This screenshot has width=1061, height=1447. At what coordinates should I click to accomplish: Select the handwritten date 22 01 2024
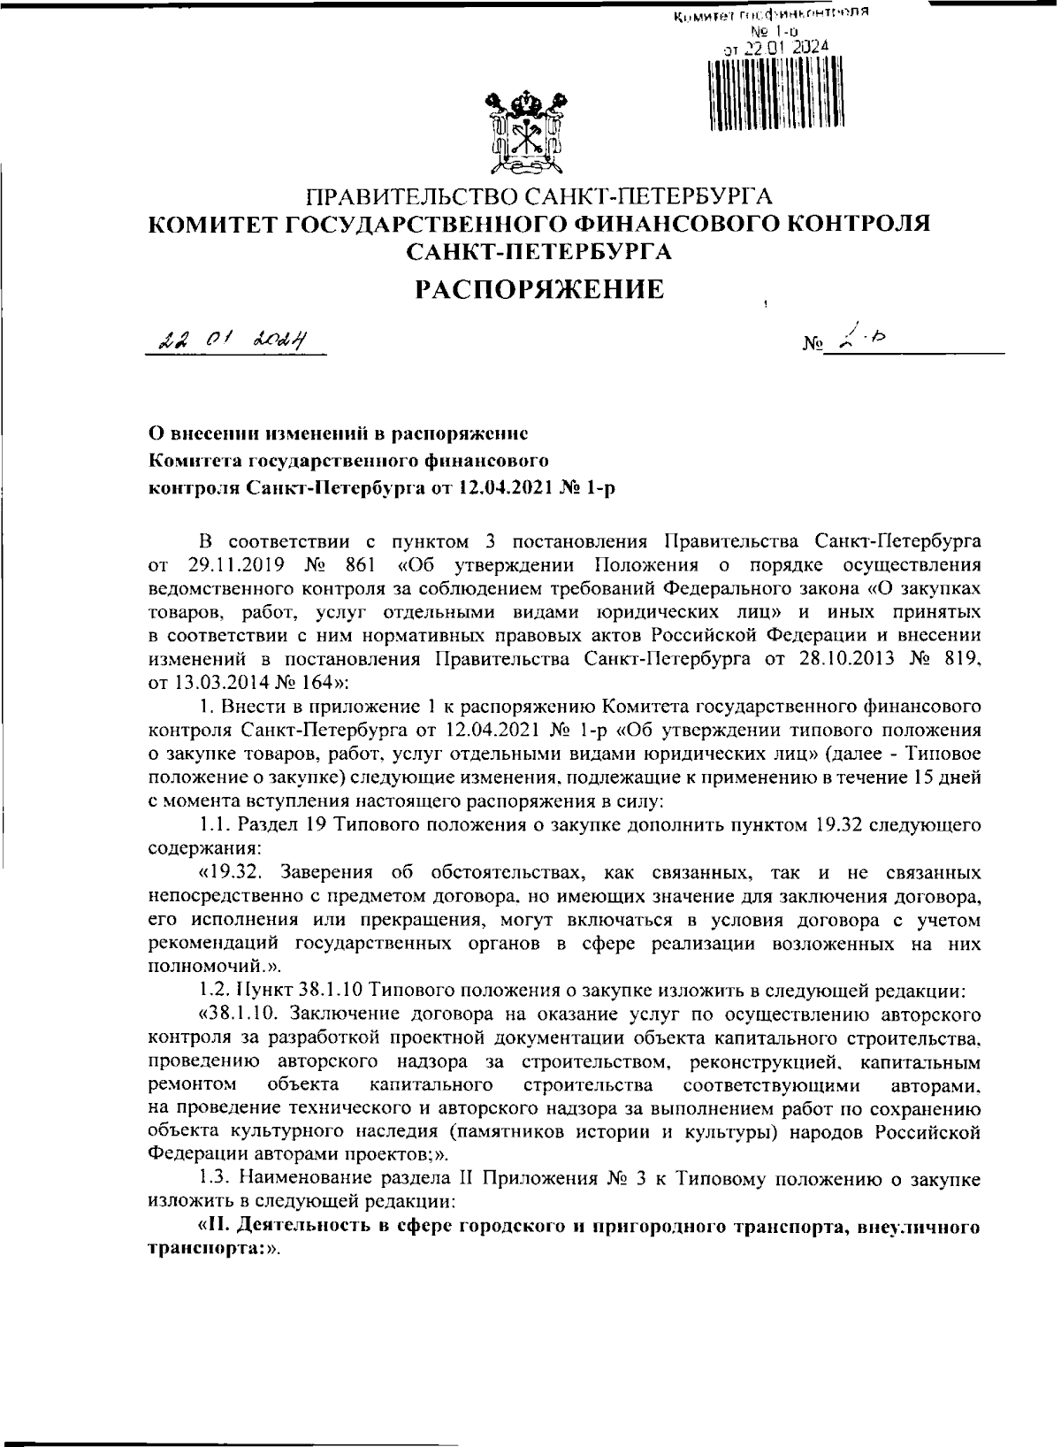click(x=233, y=339)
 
